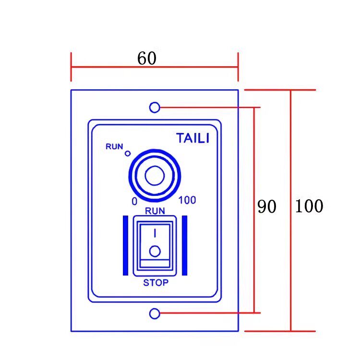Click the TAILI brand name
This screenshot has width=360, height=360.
point(193,139)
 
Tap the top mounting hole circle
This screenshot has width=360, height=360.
point(155,108)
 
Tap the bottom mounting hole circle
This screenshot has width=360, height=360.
point(155,314)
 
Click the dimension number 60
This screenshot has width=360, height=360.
point(147,59)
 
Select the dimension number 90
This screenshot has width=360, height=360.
point(267,207)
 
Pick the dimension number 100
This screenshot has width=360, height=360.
point(309,206)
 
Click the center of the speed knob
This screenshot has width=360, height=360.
point(154,177)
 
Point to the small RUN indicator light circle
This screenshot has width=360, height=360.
point(128,154)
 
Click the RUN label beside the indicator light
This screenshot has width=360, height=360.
point(115,146)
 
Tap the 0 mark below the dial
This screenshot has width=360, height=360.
point(134,201)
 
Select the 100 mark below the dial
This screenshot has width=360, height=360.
point(187,200)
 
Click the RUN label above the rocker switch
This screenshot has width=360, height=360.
point(155,210)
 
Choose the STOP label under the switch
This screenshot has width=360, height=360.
point(156,283)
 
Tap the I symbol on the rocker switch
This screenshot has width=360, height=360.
point(155,233)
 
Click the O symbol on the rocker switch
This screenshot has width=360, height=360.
point(155,252)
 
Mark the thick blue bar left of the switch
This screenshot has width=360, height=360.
point(126,245)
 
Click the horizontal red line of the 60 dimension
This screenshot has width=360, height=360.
point(192,67)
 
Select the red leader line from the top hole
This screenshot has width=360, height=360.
point(211,108)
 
